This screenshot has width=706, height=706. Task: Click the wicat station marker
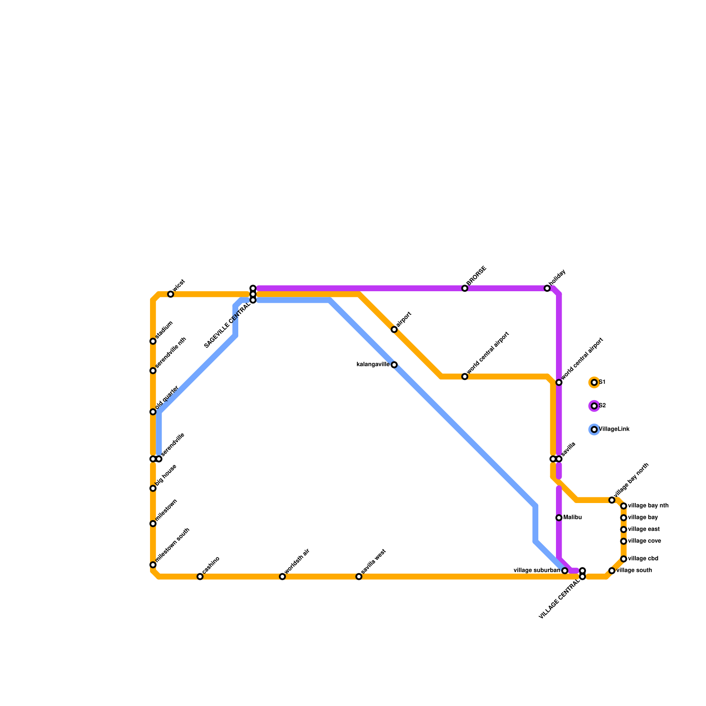[x=171, y=294]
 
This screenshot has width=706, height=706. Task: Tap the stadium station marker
[x=153, y=342]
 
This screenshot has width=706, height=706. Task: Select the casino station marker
[x=200, y=577]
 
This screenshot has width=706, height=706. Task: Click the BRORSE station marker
[x=465, y=289]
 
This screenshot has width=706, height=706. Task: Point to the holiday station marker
[x=547, y=289]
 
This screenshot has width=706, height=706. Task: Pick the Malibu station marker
[x=559, y=518]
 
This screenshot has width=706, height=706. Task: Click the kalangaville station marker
[x=394, y=365]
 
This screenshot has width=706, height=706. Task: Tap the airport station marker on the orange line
[x=394, y=330]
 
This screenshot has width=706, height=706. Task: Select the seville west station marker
[x=359, y=577]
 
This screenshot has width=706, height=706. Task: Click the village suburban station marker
[x=565, y=571]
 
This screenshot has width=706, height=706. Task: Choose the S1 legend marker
[x=594, y=383]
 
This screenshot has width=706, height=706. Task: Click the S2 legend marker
[x=594, y=406]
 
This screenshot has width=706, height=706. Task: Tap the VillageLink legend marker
[x=594, y=429]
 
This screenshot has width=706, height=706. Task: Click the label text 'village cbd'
[x=643, y=559]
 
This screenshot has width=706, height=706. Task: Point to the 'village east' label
[x=643, y=529]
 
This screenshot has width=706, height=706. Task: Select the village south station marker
[x=612, y=571]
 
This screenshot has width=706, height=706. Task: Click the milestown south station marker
[x=153, y=565]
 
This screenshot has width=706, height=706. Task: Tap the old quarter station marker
[x=153, y=412]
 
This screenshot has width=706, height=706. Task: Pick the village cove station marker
[x=623, y=541]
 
